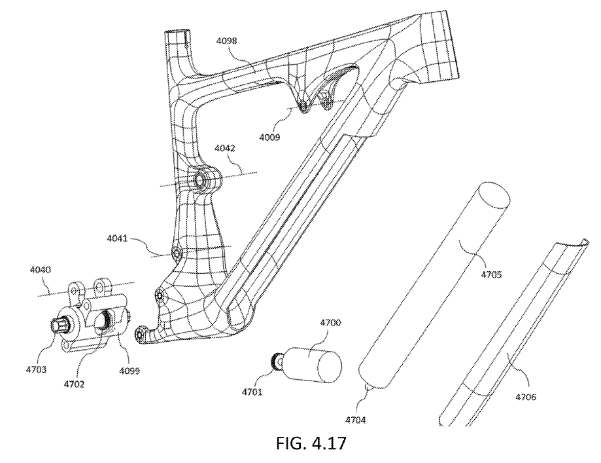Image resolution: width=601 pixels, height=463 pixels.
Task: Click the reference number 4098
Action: tap(226, 41)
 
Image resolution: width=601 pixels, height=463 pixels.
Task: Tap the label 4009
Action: tap(269, 137)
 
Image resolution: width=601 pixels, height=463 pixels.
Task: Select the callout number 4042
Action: tap(224, 148)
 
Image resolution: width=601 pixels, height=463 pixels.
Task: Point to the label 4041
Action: tap(117, 238)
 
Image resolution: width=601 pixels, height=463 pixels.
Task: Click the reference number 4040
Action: tap(41, 270)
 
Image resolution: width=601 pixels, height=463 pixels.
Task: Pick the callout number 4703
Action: tap(36, 369)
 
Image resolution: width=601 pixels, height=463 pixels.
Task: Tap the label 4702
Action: tap(74, 384)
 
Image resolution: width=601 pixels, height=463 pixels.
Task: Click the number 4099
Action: tap(129, 371)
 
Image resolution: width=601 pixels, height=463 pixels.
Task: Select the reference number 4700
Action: tap(330, 322)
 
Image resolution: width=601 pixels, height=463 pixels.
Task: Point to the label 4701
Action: tap(252, 392)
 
